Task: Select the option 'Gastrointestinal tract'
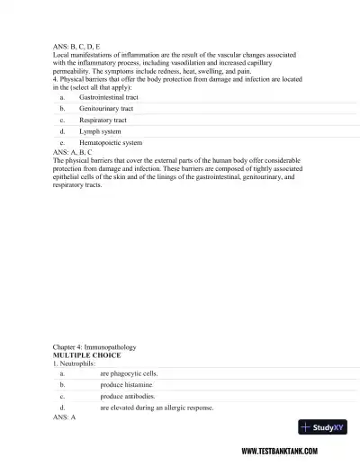click(x=109, y=96)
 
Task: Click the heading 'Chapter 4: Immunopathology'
click(x=99, y=347)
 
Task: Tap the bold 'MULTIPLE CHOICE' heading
click(x=89, y=355)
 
